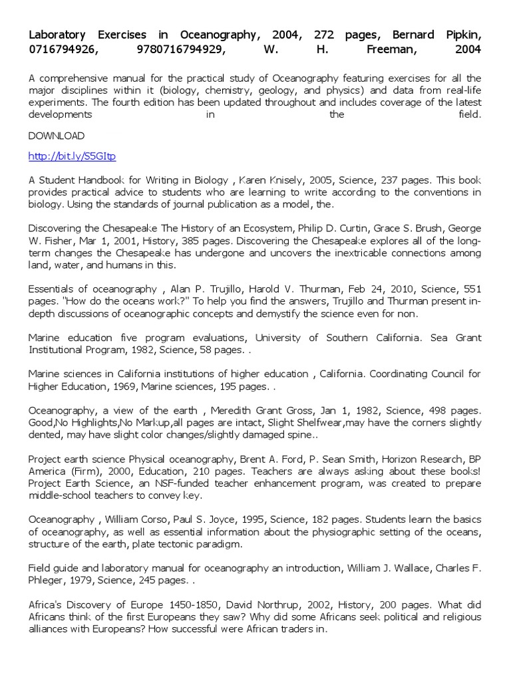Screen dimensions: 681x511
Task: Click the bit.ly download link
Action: pyautogui.click(x=72, y=157)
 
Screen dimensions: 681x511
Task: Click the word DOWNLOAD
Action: pyautogui.click(x=57, y=136)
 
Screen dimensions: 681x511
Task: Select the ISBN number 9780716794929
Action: pyautogui.click(x=181, y=49)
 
